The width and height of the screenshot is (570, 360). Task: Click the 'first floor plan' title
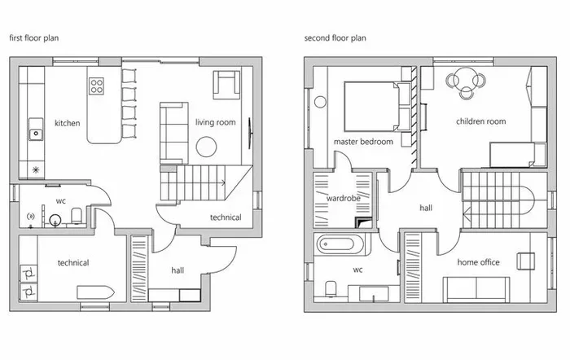point(34,37)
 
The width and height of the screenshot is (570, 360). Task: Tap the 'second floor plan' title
point(335,37)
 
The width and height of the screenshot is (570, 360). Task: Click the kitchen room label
point(68,123)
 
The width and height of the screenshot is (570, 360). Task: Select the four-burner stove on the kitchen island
point(96,86)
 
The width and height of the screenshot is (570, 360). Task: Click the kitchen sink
point(36,129)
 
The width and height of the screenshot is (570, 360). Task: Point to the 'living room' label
point(215,122)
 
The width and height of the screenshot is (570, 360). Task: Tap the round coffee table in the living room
point(206,147)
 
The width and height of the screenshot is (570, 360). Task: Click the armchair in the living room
point(226,85)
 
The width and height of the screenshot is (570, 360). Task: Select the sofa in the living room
point(174,133)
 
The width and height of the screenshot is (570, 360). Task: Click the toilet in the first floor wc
point(77,216)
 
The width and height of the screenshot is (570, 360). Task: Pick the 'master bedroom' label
point(363,142)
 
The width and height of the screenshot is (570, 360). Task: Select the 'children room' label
point(481,121)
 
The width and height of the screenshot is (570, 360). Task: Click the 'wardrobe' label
point(344,198)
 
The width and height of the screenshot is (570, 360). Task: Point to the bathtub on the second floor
point(340,244)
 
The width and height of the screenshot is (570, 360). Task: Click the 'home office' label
point(479,262)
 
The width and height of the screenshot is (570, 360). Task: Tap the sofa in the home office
point(476,288)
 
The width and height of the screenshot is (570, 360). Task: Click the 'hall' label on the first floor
point(178,270)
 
